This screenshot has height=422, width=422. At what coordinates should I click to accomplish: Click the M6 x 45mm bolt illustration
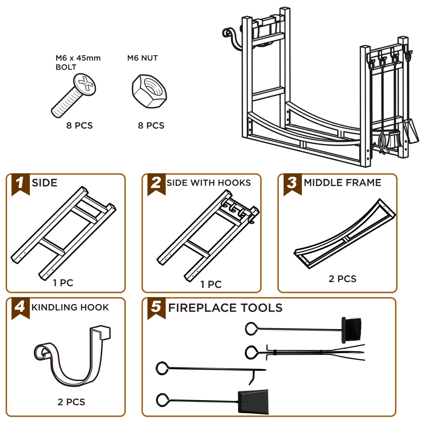[x=73, y=96]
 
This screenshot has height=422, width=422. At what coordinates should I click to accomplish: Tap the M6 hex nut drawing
[x=149, y=91]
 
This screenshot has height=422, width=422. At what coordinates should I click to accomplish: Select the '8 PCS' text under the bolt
[x=80, y=125]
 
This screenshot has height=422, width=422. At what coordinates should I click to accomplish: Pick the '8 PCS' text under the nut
[x=151, y=125]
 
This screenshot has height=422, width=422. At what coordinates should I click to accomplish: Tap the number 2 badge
[x=156, y=183]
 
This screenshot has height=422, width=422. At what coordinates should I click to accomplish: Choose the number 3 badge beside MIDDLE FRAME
[x=292, y=183]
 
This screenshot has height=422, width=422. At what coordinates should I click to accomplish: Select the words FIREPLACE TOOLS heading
[x=225, y=308]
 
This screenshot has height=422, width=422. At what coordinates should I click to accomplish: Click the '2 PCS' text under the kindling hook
[x=71, y=402]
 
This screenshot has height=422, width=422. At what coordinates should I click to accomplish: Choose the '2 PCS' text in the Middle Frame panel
[x=342, y=279]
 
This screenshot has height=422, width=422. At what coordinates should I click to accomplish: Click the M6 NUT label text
[x=142, y=58]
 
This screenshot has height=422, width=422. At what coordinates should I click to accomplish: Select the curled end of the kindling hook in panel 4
[x=42, y=352]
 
